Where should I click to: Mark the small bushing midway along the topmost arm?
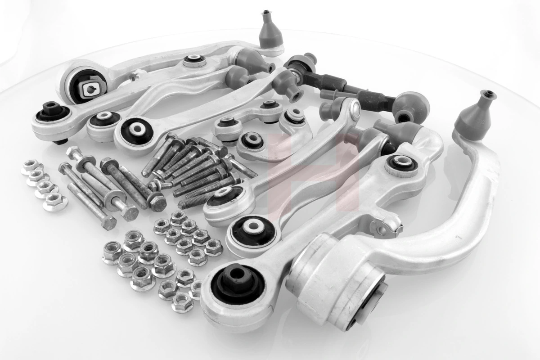[194, 61]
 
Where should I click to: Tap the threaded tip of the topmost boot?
[266, 13]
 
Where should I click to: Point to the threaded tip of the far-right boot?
[487, 95]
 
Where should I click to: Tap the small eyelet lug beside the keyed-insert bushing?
[130, 76]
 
